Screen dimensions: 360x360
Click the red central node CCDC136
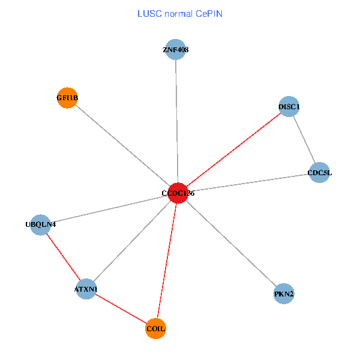(178, 193)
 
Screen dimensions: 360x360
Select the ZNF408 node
(176, 50)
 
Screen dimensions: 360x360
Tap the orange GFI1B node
(67, 98)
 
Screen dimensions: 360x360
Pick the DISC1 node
(289, 107)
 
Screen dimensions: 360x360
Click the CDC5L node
(319, 173)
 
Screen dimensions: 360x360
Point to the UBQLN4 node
(40, 225)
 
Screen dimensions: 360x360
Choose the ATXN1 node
(86, 290)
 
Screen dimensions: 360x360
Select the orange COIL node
(156, 329)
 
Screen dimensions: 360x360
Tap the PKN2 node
(284, 294)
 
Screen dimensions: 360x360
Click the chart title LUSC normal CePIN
(180, 13)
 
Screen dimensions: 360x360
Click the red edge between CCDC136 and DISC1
(233, 150)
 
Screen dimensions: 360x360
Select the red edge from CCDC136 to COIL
(167, 261)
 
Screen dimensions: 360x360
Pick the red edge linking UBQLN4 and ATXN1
(63, 257)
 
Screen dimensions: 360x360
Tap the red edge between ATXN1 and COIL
(121, 309)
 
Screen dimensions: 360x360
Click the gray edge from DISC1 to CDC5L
(304, 140)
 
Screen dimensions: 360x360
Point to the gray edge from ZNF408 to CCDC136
(176, 120)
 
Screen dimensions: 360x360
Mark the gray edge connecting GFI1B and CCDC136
(122, 145)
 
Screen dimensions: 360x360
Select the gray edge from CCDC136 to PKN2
(230, 244)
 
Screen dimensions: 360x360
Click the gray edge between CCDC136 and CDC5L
(248, 183)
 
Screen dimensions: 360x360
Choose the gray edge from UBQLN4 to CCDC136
(108, 209)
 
